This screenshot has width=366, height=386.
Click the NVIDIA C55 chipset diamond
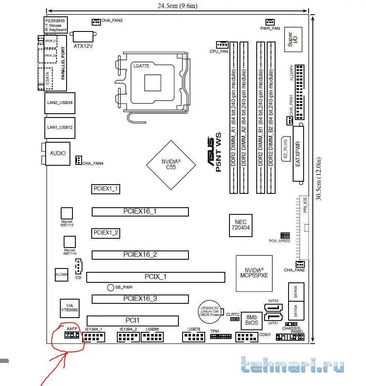click(x=171, y=164)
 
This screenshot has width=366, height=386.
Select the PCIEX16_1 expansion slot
click(x=140, y=211)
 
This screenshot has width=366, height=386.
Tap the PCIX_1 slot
click(x=156, y=277)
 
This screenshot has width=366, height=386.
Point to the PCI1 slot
click(x=133, y=321)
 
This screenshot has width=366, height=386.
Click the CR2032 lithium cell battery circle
click(x=209, y=311)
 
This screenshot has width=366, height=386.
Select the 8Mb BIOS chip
click(x=251, y=321)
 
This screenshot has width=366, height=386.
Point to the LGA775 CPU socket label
click(x=142, y=66)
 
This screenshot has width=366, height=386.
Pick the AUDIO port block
click(x=58, y=154)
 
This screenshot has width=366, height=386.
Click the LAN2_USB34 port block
click(x=60, y=103)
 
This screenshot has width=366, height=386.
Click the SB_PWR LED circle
click(x=111, y=287)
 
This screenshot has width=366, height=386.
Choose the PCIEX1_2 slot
click(x=106, y=232)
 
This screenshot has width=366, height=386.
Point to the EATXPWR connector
click(x=298, y=154)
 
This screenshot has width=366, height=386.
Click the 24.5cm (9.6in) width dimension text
click(x=177, y=5)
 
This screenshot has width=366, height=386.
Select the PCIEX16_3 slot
click(x=140, y=299)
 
